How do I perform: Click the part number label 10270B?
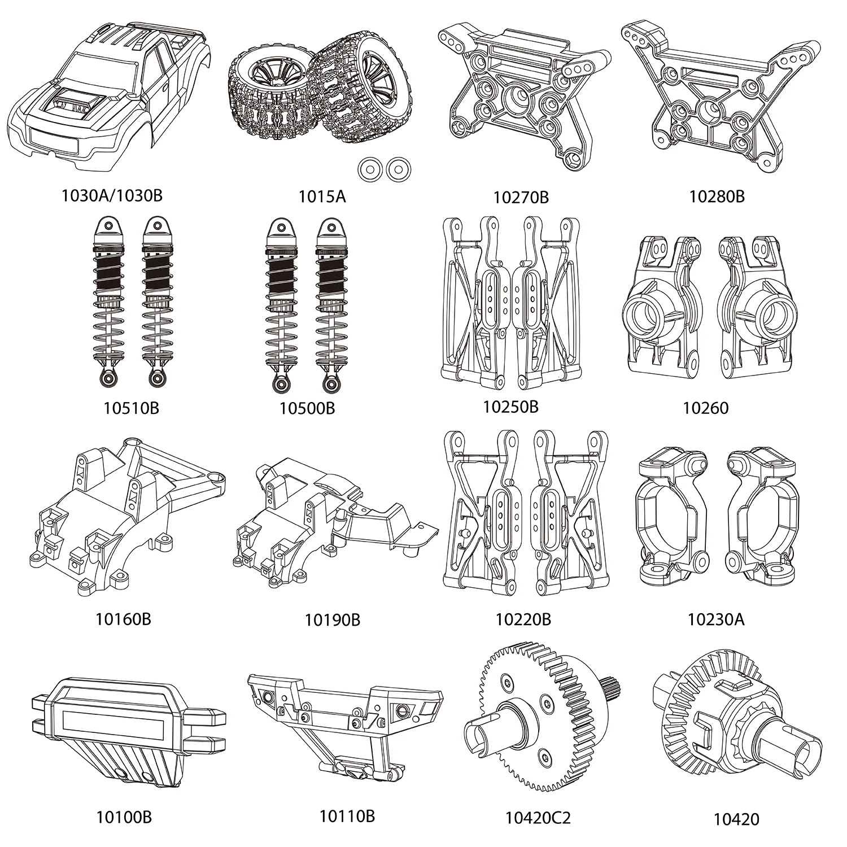521,197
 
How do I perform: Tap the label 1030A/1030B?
112,195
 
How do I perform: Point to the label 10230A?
716,619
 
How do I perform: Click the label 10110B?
347,816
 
